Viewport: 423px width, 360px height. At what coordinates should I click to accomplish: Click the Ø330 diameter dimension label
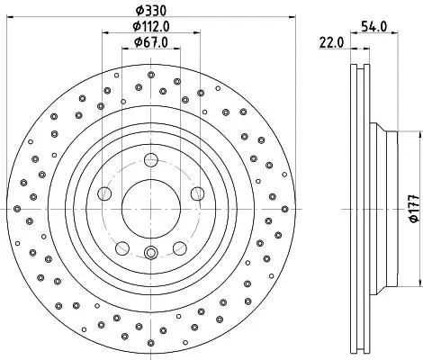(150, 11)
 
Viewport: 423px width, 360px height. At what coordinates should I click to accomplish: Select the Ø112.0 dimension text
(151, 27)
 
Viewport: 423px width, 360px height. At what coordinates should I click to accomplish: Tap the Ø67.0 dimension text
(151, 42)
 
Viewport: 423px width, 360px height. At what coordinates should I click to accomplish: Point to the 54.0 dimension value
(374, 26)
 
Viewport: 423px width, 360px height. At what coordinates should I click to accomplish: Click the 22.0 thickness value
(331, 42)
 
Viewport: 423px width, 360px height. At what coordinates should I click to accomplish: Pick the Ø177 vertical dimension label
(415, 209)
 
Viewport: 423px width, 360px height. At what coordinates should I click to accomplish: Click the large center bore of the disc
(151, 209)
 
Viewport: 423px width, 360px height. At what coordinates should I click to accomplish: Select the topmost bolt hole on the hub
(151, 160)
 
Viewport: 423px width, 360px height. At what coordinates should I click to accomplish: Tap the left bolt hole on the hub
(104, 193)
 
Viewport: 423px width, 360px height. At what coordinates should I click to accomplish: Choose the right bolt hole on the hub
(197, 193)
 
